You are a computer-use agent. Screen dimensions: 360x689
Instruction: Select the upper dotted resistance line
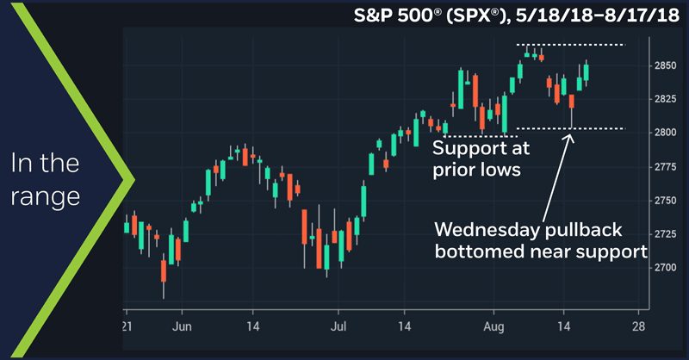click(568, 44)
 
